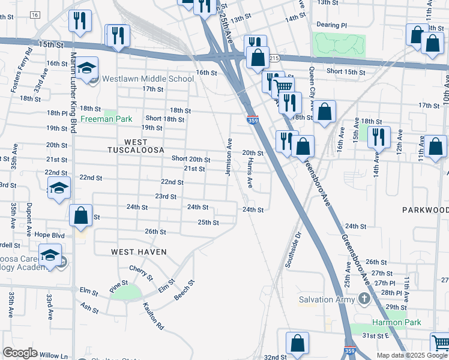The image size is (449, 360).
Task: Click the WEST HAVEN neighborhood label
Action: click(139, 252)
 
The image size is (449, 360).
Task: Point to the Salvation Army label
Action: click(328, 299)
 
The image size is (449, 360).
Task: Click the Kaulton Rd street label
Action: click(153, 316)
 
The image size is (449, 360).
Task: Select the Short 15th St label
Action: click(346, 72)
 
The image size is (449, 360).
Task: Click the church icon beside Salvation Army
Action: click(363, 298)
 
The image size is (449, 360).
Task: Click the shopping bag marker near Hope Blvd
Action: click(80, 216)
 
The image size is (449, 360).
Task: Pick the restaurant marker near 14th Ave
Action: click(379, 136)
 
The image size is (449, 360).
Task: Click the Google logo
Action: click(20, 353)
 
